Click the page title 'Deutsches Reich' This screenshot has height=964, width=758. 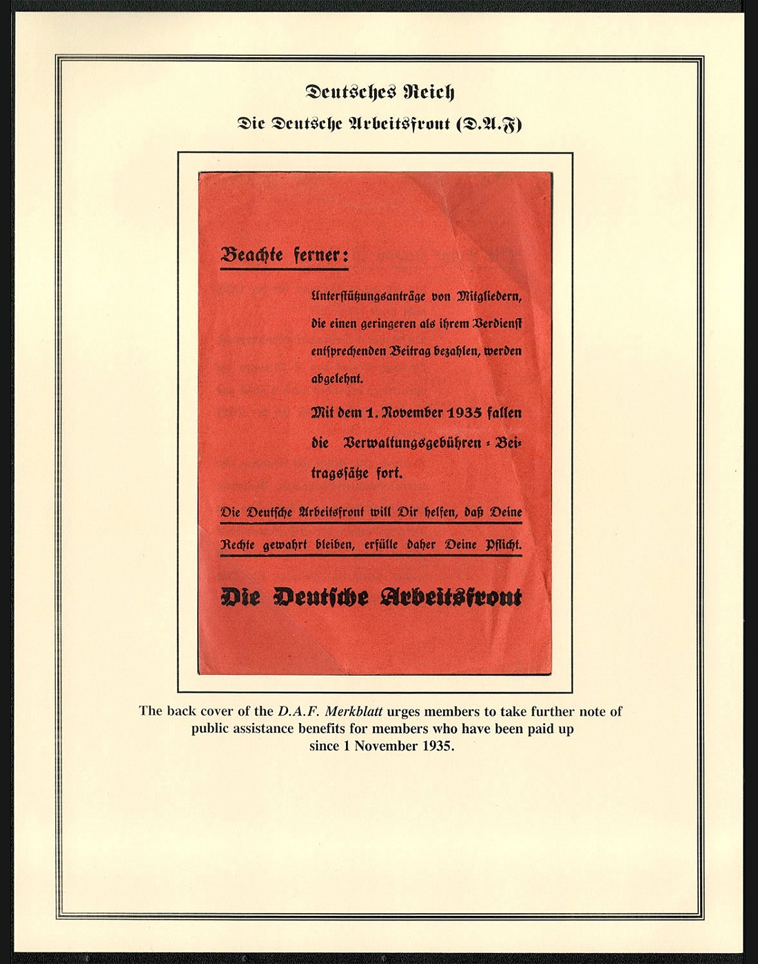coord(380,92)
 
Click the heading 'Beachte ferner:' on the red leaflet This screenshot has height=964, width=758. coord(284,255)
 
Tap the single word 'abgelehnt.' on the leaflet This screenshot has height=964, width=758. coord(337,378)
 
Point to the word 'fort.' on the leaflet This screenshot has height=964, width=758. coord(389,473)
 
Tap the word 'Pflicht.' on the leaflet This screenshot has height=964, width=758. coord(503,545)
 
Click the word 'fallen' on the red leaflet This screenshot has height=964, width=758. coord(504,413)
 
